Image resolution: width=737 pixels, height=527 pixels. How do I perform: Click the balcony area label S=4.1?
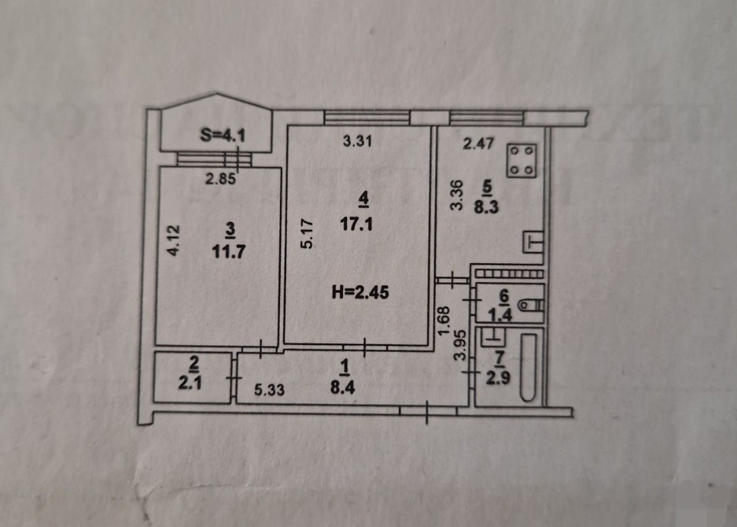(223, 135)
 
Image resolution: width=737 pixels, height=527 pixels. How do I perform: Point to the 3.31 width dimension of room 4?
(357, 142)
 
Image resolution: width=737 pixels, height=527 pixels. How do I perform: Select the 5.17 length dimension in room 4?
(307, 232)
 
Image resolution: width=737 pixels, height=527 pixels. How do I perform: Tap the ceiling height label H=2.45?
(358, 294)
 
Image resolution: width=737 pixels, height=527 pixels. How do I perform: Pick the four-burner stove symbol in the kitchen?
(522, 160)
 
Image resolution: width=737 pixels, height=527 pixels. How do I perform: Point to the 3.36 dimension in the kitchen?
(457, 194)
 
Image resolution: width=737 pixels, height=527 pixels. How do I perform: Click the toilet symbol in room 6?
(529, 305)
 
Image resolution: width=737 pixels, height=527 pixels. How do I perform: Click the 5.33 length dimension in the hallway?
(269, 390)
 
